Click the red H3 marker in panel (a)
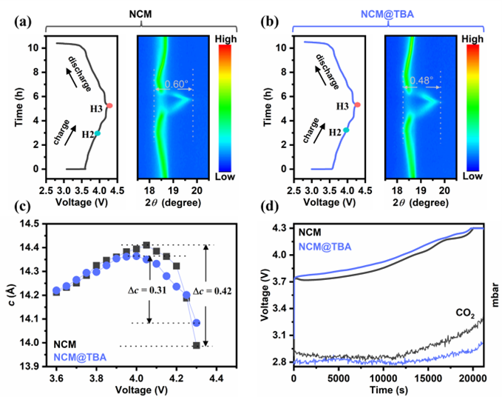(109, 105)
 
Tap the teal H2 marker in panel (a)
(97, 133)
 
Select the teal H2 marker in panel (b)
(346, 130)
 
